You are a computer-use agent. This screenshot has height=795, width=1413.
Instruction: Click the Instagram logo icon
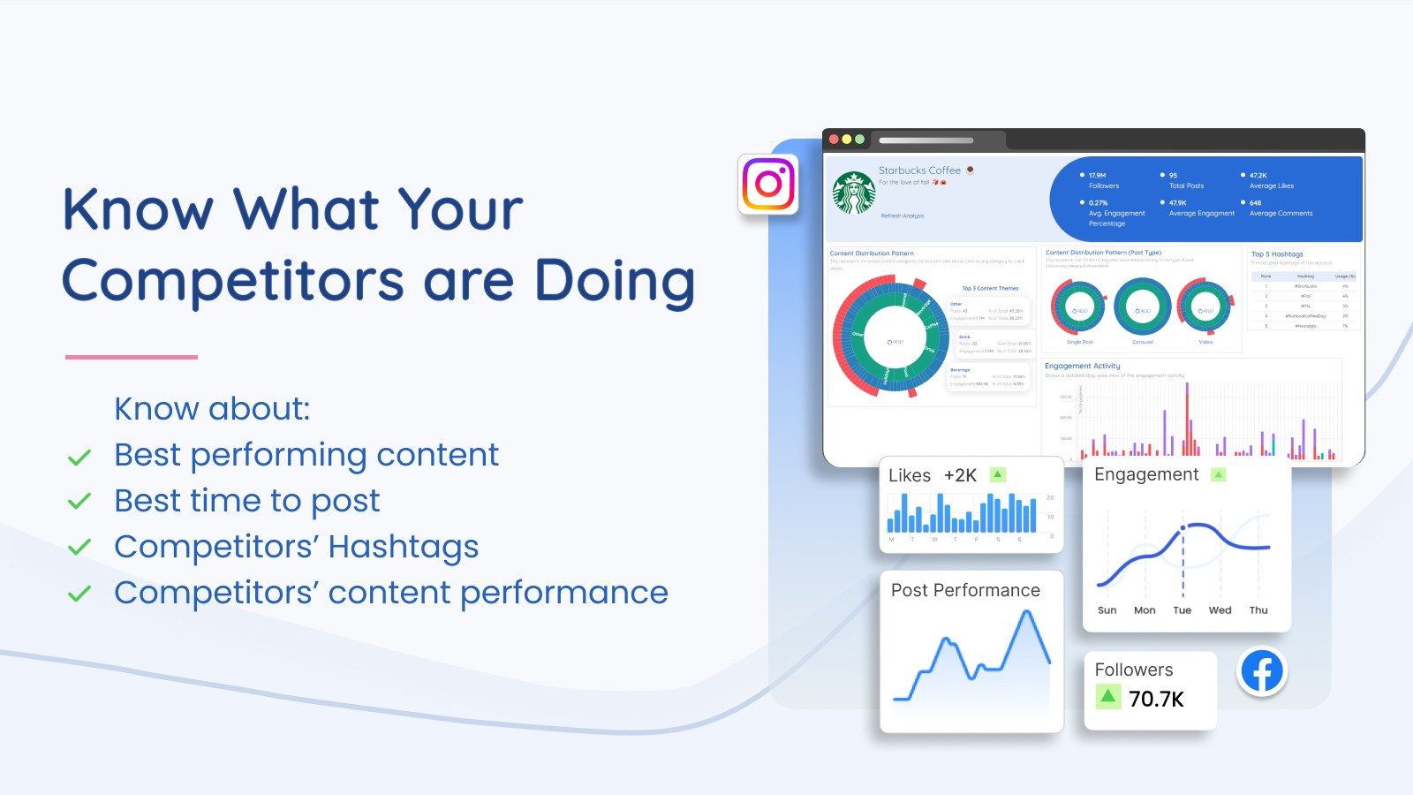point(768,184)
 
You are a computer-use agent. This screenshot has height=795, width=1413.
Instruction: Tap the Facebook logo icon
point(1262,671)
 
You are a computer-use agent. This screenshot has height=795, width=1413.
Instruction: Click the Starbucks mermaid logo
point(854,193)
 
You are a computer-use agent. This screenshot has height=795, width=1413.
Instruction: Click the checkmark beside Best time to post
point(79,502)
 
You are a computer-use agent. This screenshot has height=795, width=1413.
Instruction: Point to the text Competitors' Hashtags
point(296,547)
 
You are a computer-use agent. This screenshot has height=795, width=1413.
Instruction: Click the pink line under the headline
point(131,357)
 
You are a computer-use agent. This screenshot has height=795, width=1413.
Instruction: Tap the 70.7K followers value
point(1156,700)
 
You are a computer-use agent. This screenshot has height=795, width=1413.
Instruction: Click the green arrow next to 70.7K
point(1107,697)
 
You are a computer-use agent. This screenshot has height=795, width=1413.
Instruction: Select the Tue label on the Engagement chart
point(1182,610)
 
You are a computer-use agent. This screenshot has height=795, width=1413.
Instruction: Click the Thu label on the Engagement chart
point(1258,610)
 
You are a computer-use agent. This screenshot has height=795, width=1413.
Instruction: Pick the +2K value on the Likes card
point(960,475)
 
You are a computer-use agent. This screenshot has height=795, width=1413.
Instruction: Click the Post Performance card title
point(965,590)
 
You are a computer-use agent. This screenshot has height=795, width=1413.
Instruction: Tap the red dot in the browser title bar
point(834,140)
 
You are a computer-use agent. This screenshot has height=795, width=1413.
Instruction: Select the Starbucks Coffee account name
point(919,170)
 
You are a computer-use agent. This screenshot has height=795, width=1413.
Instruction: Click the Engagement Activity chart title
point(1082,366)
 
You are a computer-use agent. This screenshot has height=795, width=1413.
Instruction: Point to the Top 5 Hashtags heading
point(1277,254)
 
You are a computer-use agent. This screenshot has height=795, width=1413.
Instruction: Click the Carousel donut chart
point(1143,307)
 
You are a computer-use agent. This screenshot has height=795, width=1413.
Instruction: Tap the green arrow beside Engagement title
point(1219,475)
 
